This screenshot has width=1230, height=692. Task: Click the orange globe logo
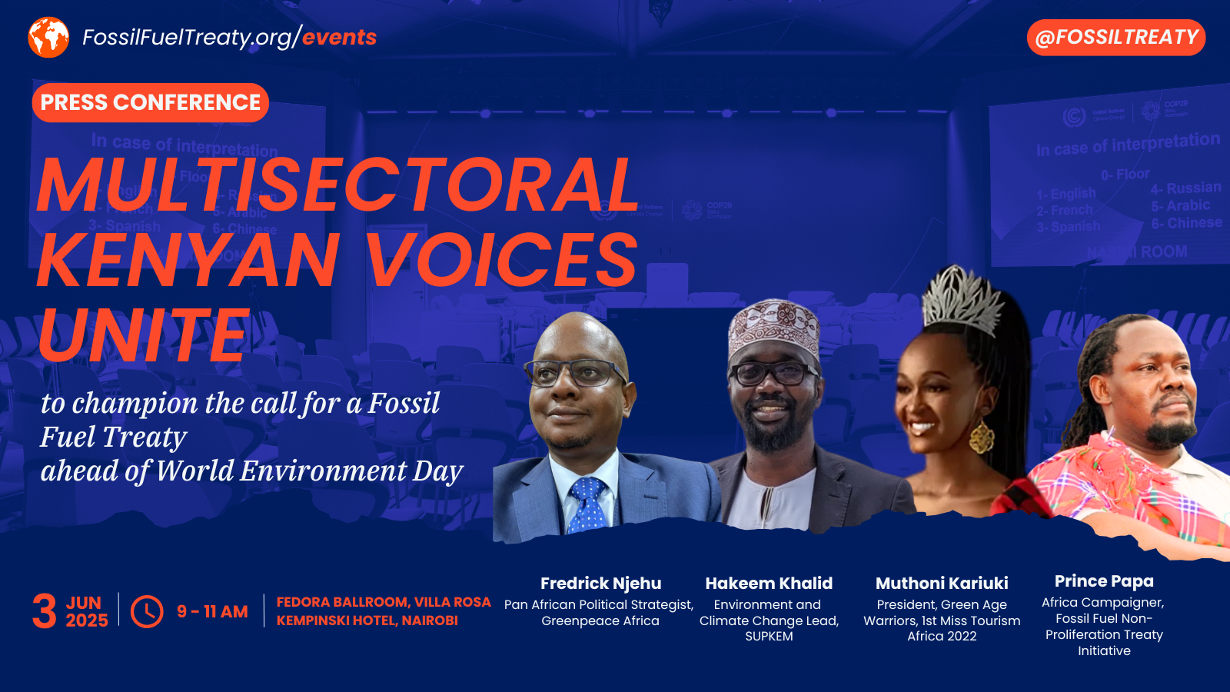coord(48,37)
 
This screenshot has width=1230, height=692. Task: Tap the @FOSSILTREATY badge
coord(1116,38)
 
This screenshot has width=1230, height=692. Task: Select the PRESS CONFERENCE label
coord(151,102)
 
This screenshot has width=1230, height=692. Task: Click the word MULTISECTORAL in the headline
coord(338,185)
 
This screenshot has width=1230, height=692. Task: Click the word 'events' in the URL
coord(339,37)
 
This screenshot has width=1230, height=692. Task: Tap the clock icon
coord(147,611)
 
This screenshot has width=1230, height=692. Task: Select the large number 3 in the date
coord(45,611)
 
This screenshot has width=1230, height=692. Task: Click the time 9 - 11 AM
coord(212,611)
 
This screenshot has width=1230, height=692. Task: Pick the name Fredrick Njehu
coord(600,584)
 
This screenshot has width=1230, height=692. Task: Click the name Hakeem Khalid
coord(769,584)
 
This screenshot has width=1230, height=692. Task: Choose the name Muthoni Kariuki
coord(942,584)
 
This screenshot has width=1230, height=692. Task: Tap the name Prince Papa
coord(1104,581)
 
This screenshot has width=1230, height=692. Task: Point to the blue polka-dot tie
coord(587,504)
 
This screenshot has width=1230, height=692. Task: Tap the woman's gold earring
coord(981,436)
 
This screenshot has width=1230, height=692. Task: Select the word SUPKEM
coord(769,637)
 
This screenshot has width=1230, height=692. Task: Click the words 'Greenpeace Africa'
coord(600,621)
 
